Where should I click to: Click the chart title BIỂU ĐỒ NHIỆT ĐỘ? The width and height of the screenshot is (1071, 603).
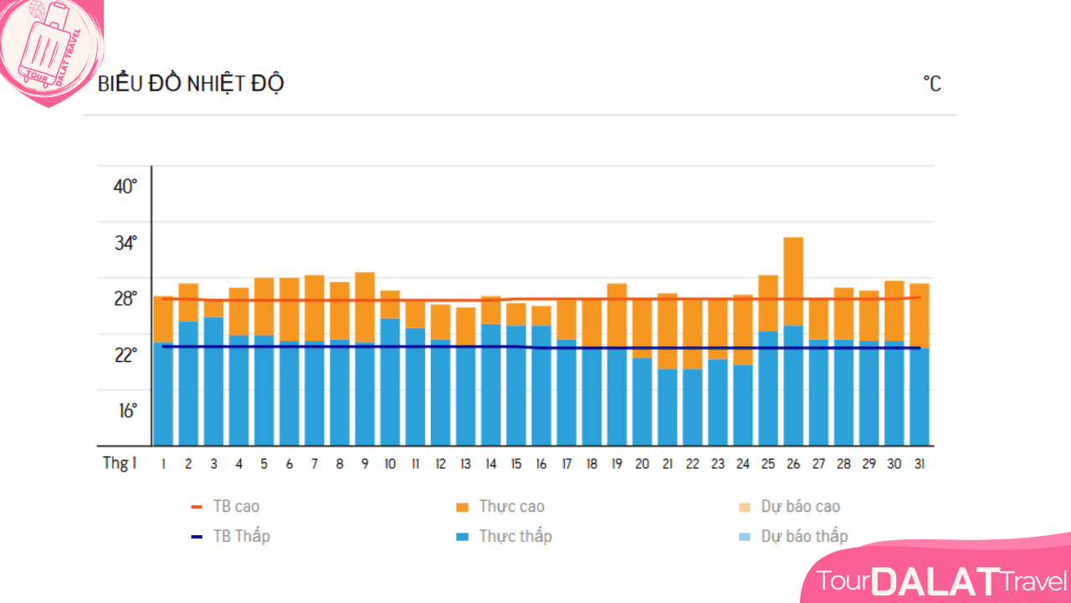pos(191,84)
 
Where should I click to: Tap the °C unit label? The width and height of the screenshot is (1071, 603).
pos(932,84)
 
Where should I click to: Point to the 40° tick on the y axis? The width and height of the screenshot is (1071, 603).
pos(126,186)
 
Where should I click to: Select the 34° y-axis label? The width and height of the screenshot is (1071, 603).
pos(126,243)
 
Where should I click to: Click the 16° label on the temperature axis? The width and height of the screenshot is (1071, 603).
pos(126,411)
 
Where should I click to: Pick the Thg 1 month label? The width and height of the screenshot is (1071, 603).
pos(120,463)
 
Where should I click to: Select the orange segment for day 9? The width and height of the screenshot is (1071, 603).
pos(365,307)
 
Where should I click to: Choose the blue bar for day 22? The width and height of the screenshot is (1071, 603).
pos(692,407)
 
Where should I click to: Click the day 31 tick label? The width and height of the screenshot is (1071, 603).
pos(920,463)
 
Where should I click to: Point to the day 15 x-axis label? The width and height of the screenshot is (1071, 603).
pos(515,463)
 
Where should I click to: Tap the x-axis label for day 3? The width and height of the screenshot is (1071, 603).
pos(213,463)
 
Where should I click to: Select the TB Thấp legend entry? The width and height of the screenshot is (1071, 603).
pos(241,536)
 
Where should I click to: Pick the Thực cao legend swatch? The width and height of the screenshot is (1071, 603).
pos(462,507)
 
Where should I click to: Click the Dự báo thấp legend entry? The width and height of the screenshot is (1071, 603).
pos(804,536)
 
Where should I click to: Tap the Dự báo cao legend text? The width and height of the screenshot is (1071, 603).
pos(801,507)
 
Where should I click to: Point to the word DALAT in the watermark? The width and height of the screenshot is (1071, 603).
pos(935,580)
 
